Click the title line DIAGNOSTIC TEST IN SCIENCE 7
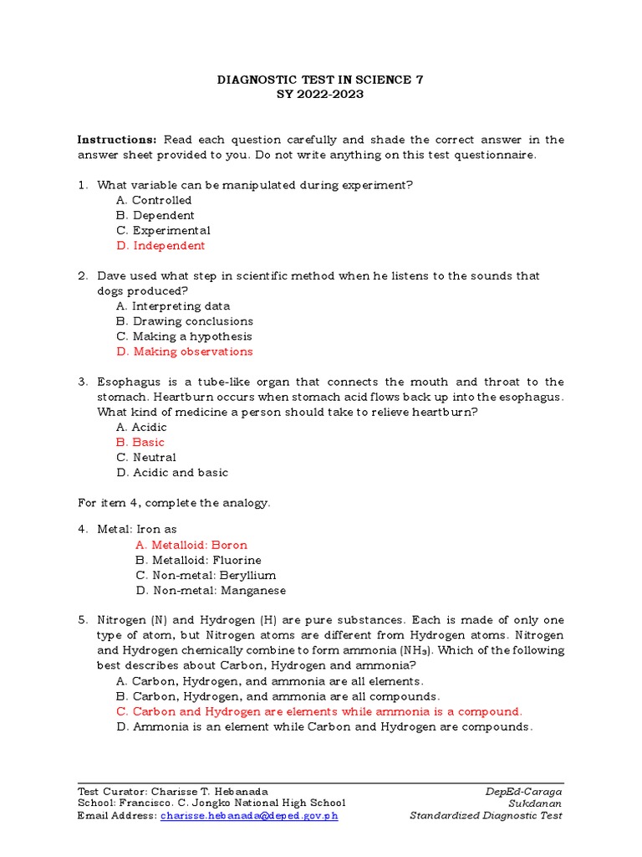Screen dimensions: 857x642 [x=320, y=80]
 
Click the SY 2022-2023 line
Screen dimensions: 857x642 [x=320, y=95]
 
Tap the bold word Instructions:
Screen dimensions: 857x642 [x=117, y=140]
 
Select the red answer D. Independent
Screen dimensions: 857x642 [x=160, y=246]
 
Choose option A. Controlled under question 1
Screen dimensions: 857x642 [x=154, y=201]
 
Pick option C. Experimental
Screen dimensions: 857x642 [x=163, y=231]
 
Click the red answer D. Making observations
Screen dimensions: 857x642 [x=184, y=352]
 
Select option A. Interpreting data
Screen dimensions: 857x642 [x=173, y=306]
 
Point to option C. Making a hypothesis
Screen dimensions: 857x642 [x=184, y=336]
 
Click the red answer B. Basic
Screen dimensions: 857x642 [x=140, y=443]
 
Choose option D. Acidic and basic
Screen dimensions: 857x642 [x=172, y=473]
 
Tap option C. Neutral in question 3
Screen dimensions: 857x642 [x=146, y=458]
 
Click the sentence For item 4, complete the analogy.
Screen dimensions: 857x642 [x=174, y=503]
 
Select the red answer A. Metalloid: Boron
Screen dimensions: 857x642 [x=191, y=546]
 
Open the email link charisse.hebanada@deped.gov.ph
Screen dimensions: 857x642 [x=249, y=816]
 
